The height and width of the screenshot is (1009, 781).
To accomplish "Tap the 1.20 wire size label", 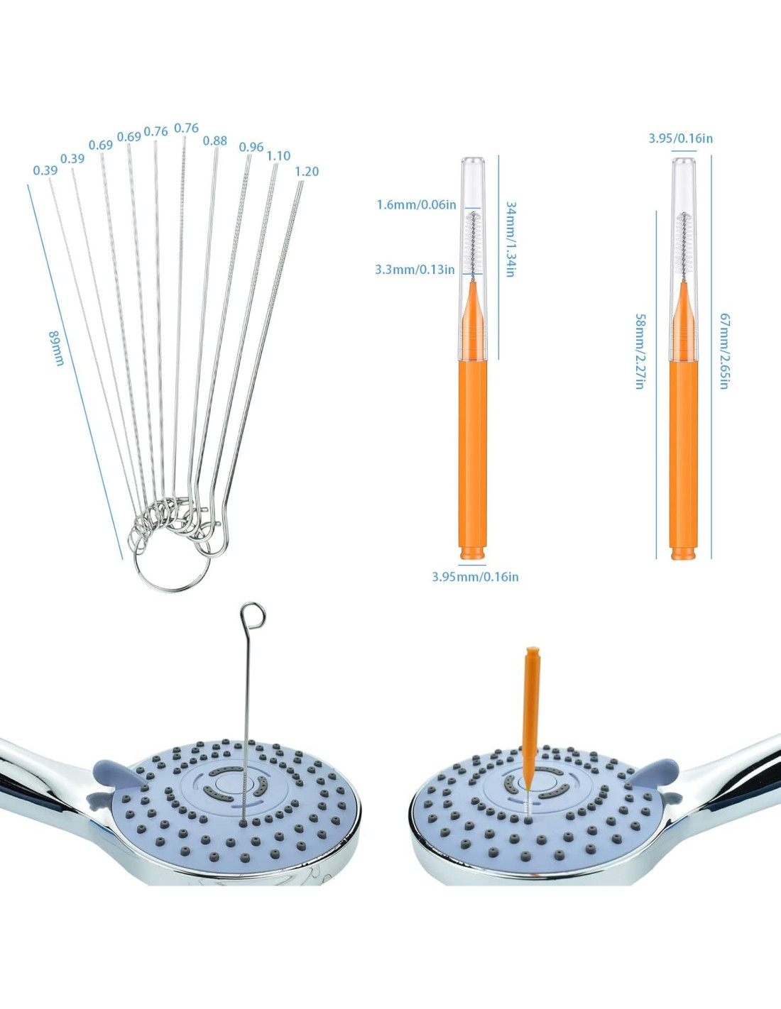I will pos(307,171).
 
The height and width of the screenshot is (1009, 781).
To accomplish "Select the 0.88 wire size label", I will pos(215,140).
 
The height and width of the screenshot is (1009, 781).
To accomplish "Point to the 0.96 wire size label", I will pos(251,147).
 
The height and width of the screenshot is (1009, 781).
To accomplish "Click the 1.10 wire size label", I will pos(278,155).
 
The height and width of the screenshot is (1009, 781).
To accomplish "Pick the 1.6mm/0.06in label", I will pos(416,204).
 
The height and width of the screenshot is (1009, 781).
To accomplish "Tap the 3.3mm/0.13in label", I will pos(415,269).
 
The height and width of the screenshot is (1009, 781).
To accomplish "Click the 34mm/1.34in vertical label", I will pos(510,238).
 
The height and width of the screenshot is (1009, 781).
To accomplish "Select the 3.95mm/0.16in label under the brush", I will pos(475,576).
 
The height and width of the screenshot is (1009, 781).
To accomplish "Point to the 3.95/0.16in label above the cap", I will pos(680,138).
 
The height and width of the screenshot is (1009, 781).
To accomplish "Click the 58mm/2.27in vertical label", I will pos(640,351).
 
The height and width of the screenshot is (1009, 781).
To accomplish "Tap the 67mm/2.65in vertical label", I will pos(724,351).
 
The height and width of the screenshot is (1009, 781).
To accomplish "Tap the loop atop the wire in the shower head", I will pos(253,615).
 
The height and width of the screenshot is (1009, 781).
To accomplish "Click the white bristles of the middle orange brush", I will pos(472,241).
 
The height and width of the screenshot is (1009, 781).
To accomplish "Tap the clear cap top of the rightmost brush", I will pos(684,170).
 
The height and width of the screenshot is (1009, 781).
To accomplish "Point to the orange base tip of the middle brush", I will pos(473,551).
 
